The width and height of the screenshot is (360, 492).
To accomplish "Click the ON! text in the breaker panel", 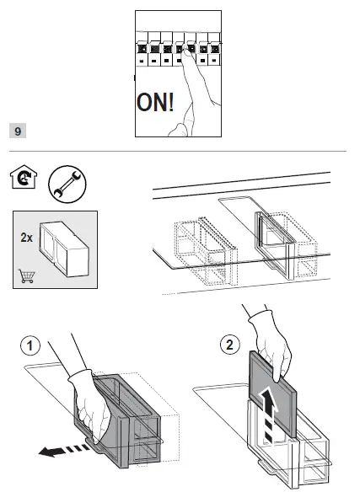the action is click(155, 102).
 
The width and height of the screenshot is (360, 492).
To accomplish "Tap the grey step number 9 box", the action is click(18, 131).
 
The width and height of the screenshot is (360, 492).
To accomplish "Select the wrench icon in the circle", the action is click(67, 184).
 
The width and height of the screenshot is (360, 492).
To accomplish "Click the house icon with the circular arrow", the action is click(24, 177).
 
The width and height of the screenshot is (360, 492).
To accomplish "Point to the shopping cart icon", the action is click(27, 275).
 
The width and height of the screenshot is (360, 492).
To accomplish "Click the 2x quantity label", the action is click(26, 238).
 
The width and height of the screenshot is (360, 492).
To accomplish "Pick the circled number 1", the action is click(30, 345).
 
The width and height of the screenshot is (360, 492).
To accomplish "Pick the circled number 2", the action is click(230, 345).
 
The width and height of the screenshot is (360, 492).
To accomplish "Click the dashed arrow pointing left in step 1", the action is click(63, 450).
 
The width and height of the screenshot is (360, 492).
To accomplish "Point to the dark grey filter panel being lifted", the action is click(272, 394).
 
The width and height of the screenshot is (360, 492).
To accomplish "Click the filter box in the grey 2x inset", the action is click(64, 249).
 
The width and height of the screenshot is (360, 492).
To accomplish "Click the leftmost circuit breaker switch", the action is click(142, 49).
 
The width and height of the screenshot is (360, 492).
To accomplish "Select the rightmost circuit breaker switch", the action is click(214, 49).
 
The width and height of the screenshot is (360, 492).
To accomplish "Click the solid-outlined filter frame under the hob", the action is click(275, 244).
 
